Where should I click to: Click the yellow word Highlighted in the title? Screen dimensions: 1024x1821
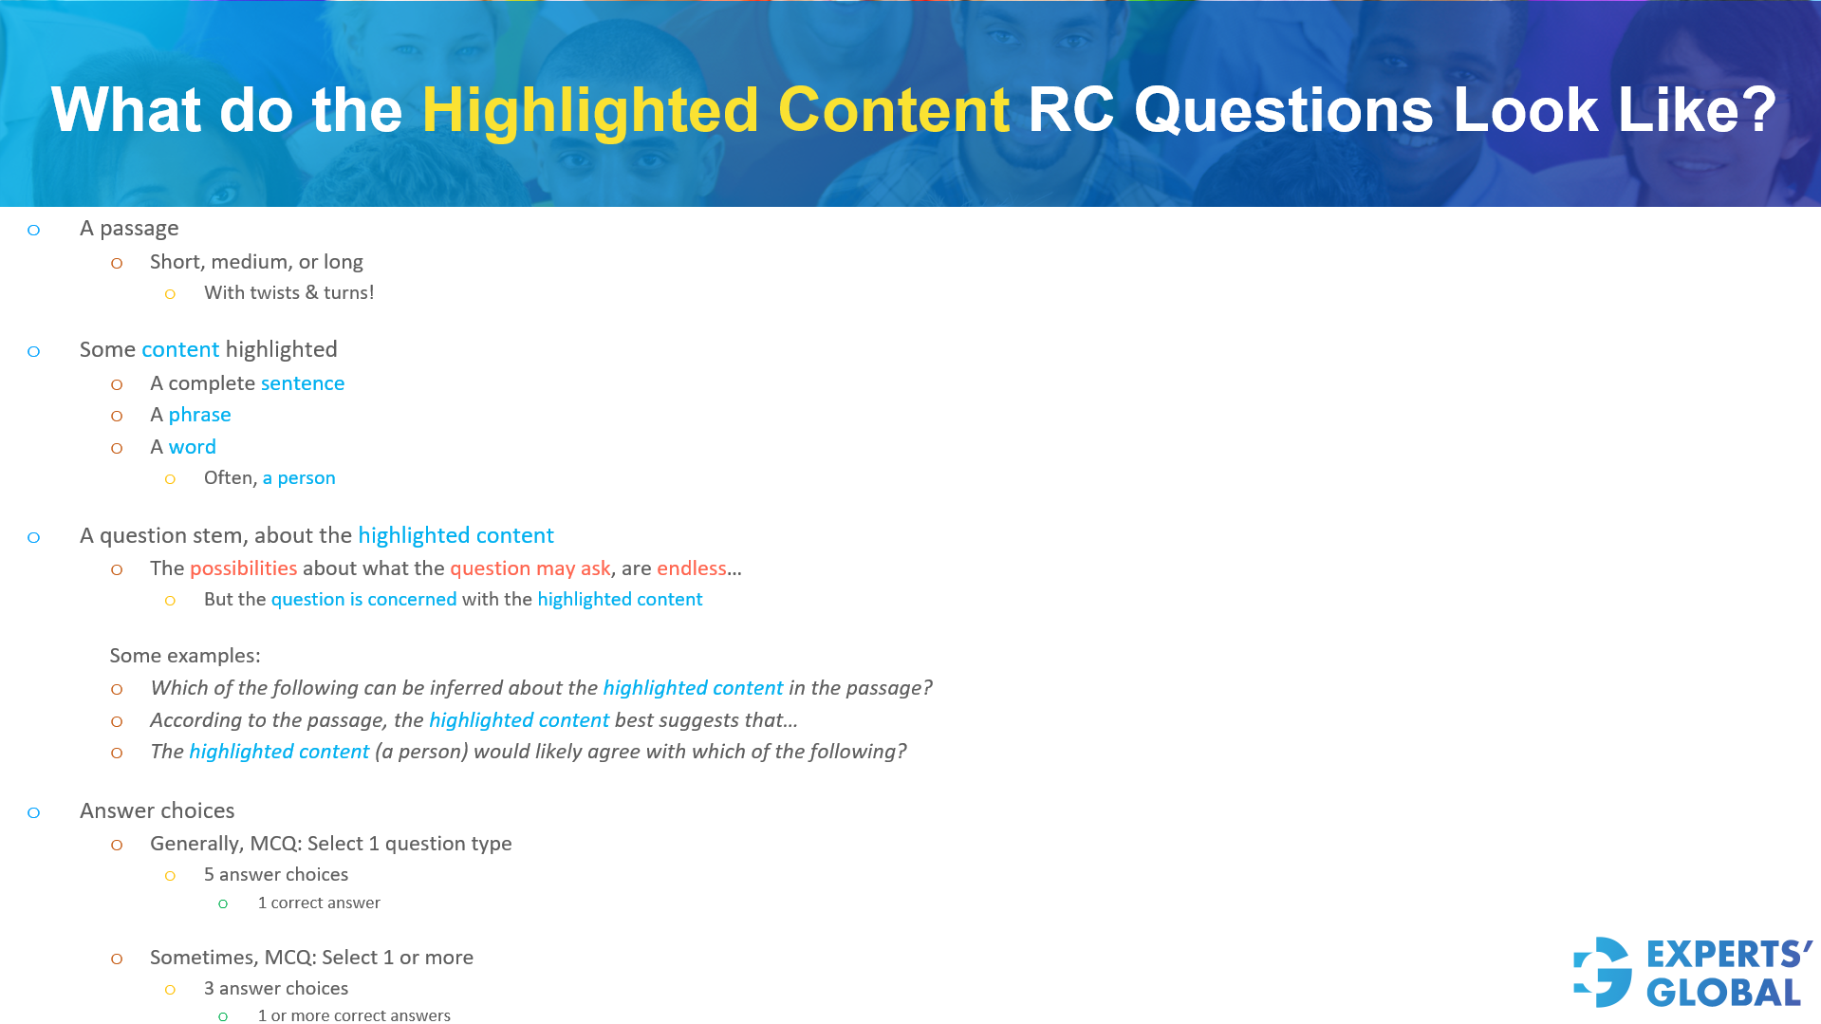coord(589,110)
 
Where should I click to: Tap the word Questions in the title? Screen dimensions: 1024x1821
coord(1284,110)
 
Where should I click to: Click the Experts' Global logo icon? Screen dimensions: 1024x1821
coord(1602,972)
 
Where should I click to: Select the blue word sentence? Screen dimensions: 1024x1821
coord(302,383)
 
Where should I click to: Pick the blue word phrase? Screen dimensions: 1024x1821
coord(199,415)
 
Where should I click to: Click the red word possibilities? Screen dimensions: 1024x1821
coord(243,568)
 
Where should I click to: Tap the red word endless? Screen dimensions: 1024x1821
coord(691,568)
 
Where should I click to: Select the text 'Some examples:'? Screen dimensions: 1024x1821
coord(185,656)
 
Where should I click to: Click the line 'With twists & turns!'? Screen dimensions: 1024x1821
coord(288,293)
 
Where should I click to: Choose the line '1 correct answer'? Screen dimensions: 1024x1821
coord(319,903)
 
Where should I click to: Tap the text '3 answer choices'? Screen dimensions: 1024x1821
coord(275,988)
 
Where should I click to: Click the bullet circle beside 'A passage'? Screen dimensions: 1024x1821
coord(34,231)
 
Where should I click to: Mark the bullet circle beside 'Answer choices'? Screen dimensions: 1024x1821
coord(34,813)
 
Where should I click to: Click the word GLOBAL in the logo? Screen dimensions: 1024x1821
coord(1723,993)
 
